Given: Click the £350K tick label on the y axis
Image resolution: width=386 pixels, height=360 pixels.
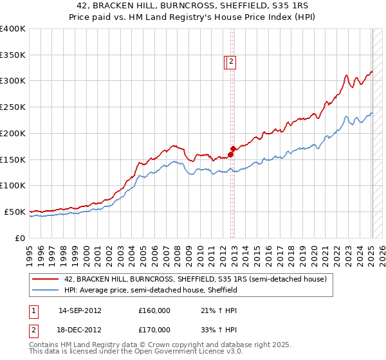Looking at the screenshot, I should [13, 55].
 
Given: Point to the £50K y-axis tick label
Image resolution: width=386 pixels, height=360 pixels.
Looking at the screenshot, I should [15, 212].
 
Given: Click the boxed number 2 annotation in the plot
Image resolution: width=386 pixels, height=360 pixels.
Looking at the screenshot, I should [232, 62].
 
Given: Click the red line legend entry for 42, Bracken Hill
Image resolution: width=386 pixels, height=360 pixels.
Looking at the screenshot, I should [196, 280].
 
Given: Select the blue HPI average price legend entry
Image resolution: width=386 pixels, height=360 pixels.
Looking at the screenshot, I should [151, 290].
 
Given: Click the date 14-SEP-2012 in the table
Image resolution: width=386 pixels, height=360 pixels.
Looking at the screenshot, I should [80, 310].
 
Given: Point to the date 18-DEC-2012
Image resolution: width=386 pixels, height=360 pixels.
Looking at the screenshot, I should [80, 330].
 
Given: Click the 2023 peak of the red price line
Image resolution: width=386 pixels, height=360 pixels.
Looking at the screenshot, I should [346, 75].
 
